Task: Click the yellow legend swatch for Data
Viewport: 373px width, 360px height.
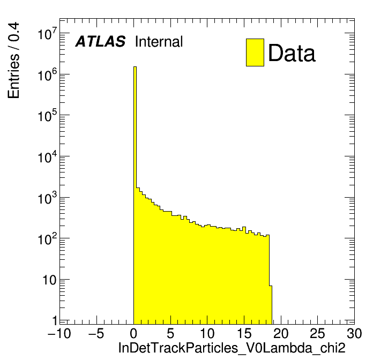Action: [x=255, y=52]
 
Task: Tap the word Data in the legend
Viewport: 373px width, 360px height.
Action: [x=292, y=53]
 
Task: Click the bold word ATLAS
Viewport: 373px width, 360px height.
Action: [x=100, y=42]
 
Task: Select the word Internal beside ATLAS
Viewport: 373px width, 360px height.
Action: [x=159, y=42]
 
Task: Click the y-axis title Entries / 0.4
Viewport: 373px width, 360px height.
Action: [x=14, y=60]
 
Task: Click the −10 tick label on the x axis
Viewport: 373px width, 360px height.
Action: [x=59, y=334]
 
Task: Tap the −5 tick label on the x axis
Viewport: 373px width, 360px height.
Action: [x=96, y=334]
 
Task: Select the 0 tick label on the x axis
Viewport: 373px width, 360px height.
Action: [x=133, y=334]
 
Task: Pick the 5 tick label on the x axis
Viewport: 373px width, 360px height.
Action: [x=170, y=334]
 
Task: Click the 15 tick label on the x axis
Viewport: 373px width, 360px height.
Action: [x=243, y=334]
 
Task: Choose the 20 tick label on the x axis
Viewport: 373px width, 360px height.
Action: [x=280, y=334]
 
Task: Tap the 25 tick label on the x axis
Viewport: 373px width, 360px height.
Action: [x=317, y=334]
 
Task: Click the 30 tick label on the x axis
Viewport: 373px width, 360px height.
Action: [x=354, y=334]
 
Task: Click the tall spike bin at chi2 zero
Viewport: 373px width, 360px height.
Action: [x=135, y=161]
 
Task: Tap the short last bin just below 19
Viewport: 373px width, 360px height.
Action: [x=271, y=305]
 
